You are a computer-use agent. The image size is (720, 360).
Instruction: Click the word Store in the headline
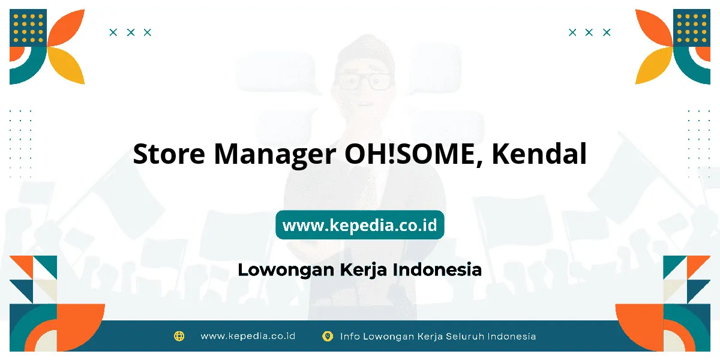(169, 154)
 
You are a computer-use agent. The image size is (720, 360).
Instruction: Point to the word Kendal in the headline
(539, 154)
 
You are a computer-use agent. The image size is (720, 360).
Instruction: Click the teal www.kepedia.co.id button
(359, 224)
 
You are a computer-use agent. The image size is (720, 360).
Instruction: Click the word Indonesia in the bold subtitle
(437, 269)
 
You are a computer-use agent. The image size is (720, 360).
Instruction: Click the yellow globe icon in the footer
(179, 336)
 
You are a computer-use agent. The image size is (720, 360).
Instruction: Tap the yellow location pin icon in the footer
(328, 336)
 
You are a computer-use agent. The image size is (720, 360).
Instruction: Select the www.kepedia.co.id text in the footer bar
(248, 336)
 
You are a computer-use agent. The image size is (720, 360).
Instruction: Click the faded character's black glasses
(362, 80)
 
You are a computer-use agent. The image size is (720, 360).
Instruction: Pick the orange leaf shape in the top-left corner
(67, 28)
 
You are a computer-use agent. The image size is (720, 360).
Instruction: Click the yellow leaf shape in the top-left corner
(67, 65)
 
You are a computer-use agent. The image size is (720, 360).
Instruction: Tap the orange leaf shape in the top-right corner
(653, 28)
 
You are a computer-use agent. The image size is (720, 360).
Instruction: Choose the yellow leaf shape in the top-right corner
(653, 65)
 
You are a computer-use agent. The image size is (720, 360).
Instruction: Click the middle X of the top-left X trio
(131, 32)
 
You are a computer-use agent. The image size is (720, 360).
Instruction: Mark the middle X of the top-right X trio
(589, 32)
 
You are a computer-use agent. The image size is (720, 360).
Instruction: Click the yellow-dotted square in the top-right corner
(692, 28)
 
